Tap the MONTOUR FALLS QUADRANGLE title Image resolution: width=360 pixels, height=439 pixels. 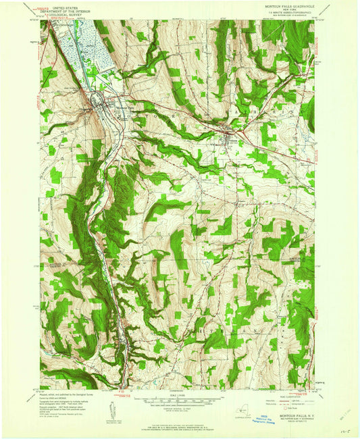point(281,4)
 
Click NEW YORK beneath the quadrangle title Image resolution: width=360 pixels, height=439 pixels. point(281,8)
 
